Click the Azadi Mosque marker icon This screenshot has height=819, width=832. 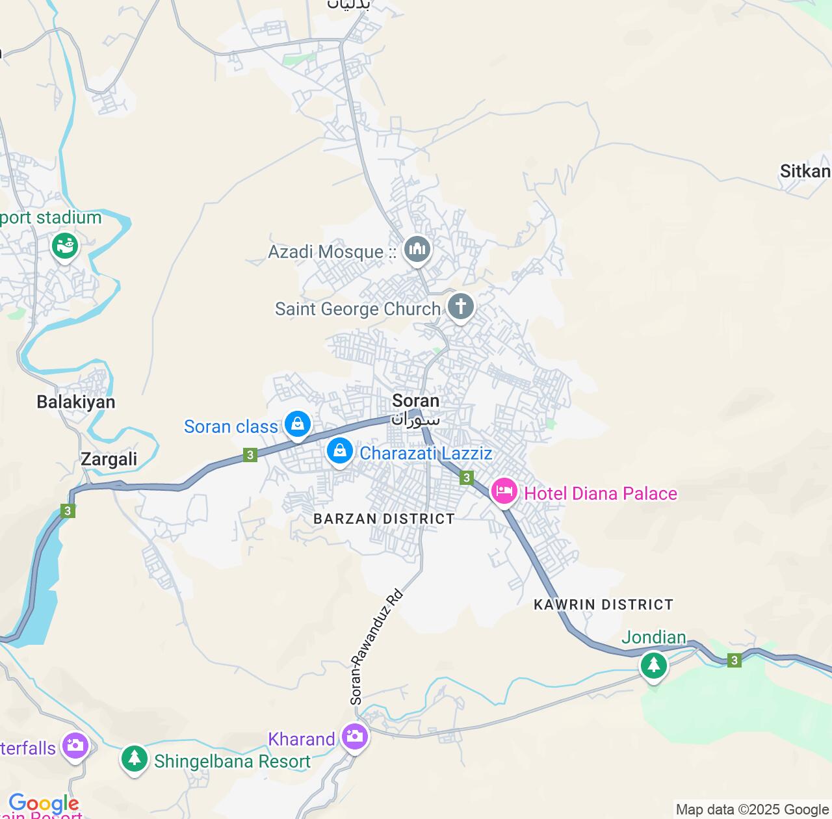417,249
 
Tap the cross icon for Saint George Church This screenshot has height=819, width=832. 460,306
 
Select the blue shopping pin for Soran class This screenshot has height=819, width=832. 297,424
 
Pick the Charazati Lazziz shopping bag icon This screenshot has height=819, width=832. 339,451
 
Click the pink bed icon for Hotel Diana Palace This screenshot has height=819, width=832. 504,492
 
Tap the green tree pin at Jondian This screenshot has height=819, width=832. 653,665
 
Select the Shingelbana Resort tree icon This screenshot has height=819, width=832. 135,759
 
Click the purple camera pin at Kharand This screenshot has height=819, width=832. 355,737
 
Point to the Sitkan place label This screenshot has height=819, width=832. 805,172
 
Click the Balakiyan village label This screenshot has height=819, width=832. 76,402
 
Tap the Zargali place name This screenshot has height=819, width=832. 109,460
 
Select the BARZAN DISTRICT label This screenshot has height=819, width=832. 384,519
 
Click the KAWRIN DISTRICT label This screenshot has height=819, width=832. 603,605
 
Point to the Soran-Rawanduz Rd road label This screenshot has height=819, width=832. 376,647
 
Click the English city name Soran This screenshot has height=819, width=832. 415,401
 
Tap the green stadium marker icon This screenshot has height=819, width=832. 65,246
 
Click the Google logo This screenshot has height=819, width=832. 44,803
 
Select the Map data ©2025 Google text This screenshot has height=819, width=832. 752,810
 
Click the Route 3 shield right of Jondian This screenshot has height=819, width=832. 734,660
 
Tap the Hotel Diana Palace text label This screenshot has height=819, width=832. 601,494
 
